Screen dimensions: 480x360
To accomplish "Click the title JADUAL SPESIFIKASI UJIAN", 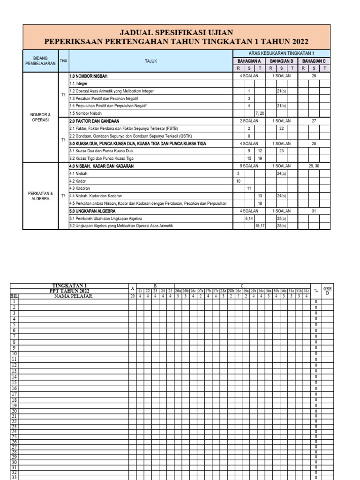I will [x=176, y=32].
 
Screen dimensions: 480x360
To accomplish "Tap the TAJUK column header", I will [x=150, y=61].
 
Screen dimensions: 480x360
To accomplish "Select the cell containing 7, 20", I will [x=260, y=113].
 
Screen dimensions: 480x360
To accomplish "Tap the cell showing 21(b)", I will [x=281, y=105].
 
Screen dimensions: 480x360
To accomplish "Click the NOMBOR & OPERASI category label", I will [x=40, y=117].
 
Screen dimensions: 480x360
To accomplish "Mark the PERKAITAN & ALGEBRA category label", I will [x=40, y=195].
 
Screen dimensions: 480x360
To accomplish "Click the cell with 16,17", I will [x=260, y=225].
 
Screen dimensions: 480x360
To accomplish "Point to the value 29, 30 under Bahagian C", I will [x=314, y=165].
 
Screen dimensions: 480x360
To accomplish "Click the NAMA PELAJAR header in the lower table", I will [x=73, y=296].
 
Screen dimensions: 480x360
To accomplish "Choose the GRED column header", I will [x=328, y=291].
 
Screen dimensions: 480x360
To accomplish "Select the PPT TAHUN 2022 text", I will [x=69, y=291].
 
